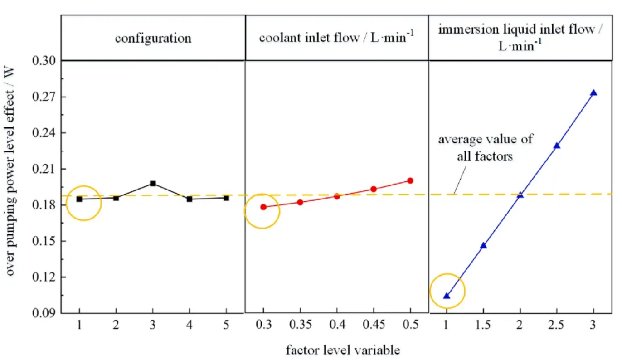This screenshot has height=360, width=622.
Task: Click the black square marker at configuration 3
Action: [x=153, y=184]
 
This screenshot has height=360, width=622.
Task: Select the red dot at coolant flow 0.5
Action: [x=410, y=180]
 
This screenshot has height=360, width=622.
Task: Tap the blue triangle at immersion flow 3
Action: [x=593, y=93]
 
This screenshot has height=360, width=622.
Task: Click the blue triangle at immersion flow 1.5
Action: [x=483, y=245]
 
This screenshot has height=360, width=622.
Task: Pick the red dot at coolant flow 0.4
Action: [x=337, y=196]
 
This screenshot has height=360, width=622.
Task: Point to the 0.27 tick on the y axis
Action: [x=61, y=97]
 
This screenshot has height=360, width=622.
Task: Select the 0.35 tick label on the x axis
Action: [x=300, y=327]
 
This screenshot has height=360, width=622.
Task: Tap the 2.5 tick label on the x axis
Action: [x=557, y=327]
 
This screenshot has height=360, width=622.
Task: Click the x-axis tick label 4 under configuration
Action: [x=190, y=327]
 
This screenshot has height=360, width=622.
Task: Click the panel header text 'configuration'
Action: [x=153, y=38]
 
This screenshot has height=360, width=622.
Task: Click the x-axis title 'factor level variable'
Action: [x=343, y=350]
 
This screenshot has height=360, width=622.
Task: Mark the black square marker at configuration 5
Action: [x=226, y=198]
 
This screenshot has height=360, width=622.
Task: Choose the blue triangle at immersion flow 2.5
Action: [x=557, y=146]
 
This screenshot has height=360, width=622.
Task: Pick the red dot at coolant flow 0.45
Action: [x=374, y=189]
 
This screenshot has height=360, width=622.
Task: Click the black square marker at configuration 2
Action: [x=116, y=198]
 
